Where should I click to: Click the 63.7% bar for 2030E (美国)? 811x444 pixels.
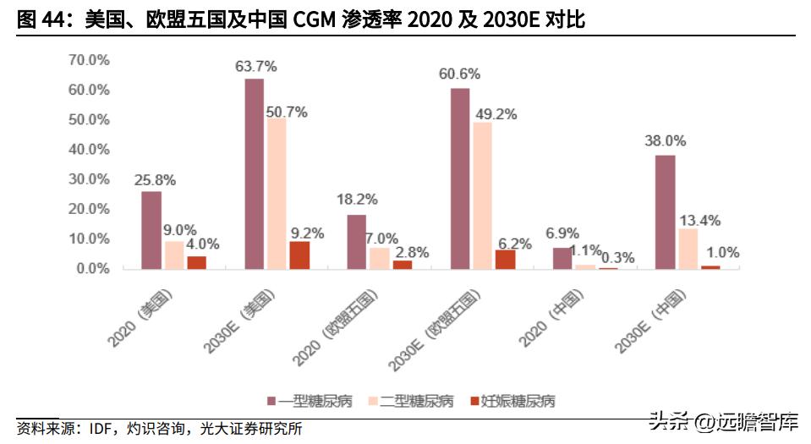[x=255, y=173]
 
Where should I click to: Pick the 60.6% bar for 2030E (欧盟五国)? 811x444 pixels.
[x=460, y=178]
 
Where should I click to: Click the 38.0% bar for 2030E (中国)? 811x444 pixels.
[x=666, y=211]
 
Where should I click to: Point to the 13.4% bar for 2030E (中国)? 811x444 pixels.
[x=688, y=249]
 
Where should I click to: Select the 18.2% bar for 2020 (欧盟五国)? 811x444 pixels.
[x=357, y=241]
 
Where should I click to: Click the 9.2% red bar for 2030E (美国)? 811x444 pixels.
[x=299, y=255]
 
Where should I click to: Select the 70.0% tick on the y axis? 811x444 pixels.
[x=89, y=60]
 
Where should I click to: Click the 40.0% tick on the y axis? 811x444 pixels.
[x=89, y=150]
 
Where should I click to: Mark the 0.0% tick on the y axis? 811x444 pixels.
[x=92, y=269]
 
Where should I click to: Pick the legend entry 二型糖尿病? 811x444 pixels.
[x=409, y=400]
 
